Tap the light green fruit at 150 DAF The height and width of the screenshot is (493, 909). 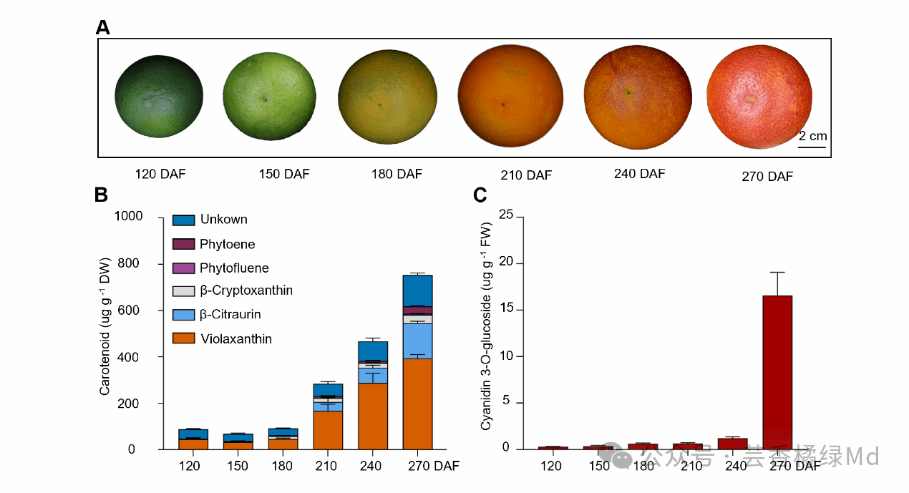point(269,97)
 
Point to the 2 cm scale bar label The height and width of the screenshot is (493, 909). point(812,136)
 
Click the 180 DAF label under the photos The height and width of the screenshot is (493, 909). point(397,174)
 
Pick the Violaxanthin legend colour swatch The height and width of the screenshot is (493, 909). point(184,339)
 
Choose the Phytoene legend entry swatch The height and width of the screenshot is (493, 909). point(184,244)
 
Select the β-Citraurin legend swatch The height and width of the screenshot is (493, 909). point(184,315)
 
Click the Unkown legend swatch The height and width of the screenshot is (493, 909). point(184,220)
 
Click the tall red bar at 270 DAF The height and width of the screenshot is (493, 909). point(777,372)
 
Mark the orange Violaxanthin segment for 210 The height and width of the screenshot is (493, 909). point(328,430)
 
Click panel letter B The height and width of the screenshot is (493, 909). point(102,195)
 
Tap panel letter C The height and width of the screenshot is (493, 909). point(480,195)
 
